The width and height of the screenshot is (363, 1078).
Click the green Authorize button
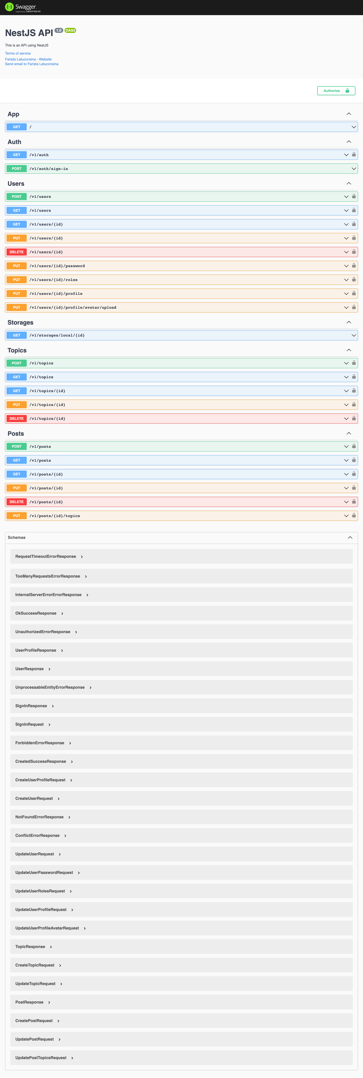tap(336, 91)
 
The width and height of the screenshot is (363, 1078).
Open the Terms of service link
tap(18, 54)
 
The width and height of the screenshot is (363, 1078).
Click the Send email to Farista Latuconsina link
tap(31, 64)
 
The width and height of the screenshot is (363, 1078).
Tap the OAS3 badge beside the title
tap(70, 30)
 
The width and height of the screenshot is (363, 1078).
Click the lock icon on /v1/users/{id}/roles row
tap(354, 280)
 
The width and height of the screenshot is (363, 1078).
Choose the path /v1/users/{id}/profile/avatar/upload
tap(73, 308)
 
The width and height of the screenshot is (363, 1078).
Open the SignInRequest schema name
tap(29, 724)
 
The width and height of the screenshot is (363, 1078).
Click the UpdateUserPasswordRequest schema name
tap(44, 873)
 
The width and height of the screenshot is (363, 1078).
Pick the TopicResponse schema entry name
tap(30, 947)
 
